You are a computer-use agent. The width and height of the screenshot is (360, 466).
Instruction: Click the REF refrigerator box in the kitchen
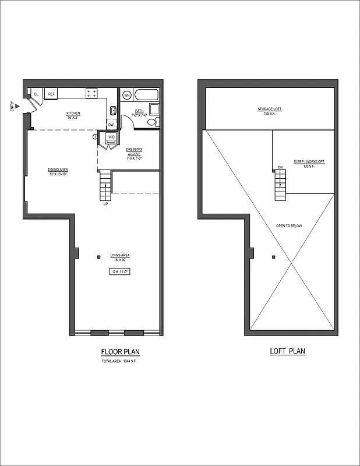(51, 94)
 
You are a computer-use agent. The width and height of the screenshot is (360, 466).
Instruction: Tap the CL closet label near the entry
(36, 94)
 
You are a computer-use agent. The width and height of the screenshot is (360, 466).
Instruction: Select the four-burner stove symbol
(91, 93)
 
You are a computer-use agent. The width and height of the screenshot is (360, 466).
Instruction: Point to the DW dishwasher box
(111, 124)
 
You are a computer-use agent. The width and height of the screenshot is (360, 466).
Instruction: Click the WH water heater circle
(126, 94)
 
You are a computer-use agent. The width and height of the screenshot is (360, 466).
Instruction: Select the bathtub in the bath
(147, 94)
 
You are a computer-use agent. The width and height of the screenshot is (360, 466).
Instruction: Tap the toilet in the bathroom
(152, 122)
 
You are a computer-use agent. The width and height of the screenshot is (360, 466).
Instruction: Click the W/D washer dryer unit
(110, 137)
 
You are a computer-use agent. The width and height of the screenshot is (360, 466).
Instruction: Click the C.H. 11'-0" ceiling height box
(120, 271)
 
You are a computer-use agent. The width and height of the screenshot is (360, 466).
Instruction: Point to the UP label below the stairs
(105, 204)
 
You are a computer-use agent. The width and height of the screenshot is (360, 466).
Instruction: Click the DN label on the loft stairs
(280, 168)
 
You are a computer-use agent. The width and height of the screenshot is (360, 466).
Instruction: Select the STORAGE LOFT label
(270, 110)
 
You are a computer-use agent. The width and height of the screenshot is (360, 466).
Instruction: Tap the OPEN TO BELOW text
(289, 226)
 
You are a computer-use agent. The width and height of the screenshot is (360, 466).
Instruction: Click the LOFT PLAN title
(287, 351)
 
